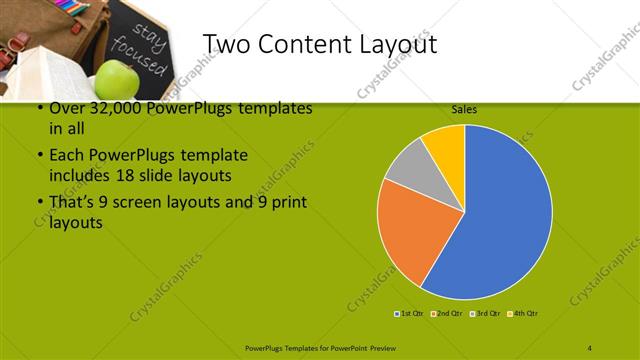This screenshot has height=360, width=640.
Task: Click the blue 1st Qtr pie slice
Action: pos(505,215)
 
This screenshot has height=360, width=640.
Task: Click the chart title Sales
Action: pos(463,108)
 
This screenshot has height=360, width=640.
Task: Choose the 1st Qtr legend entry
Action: pos(409,314)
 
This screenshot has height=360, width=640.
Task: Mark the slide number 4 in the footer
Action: pos(590,346)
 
